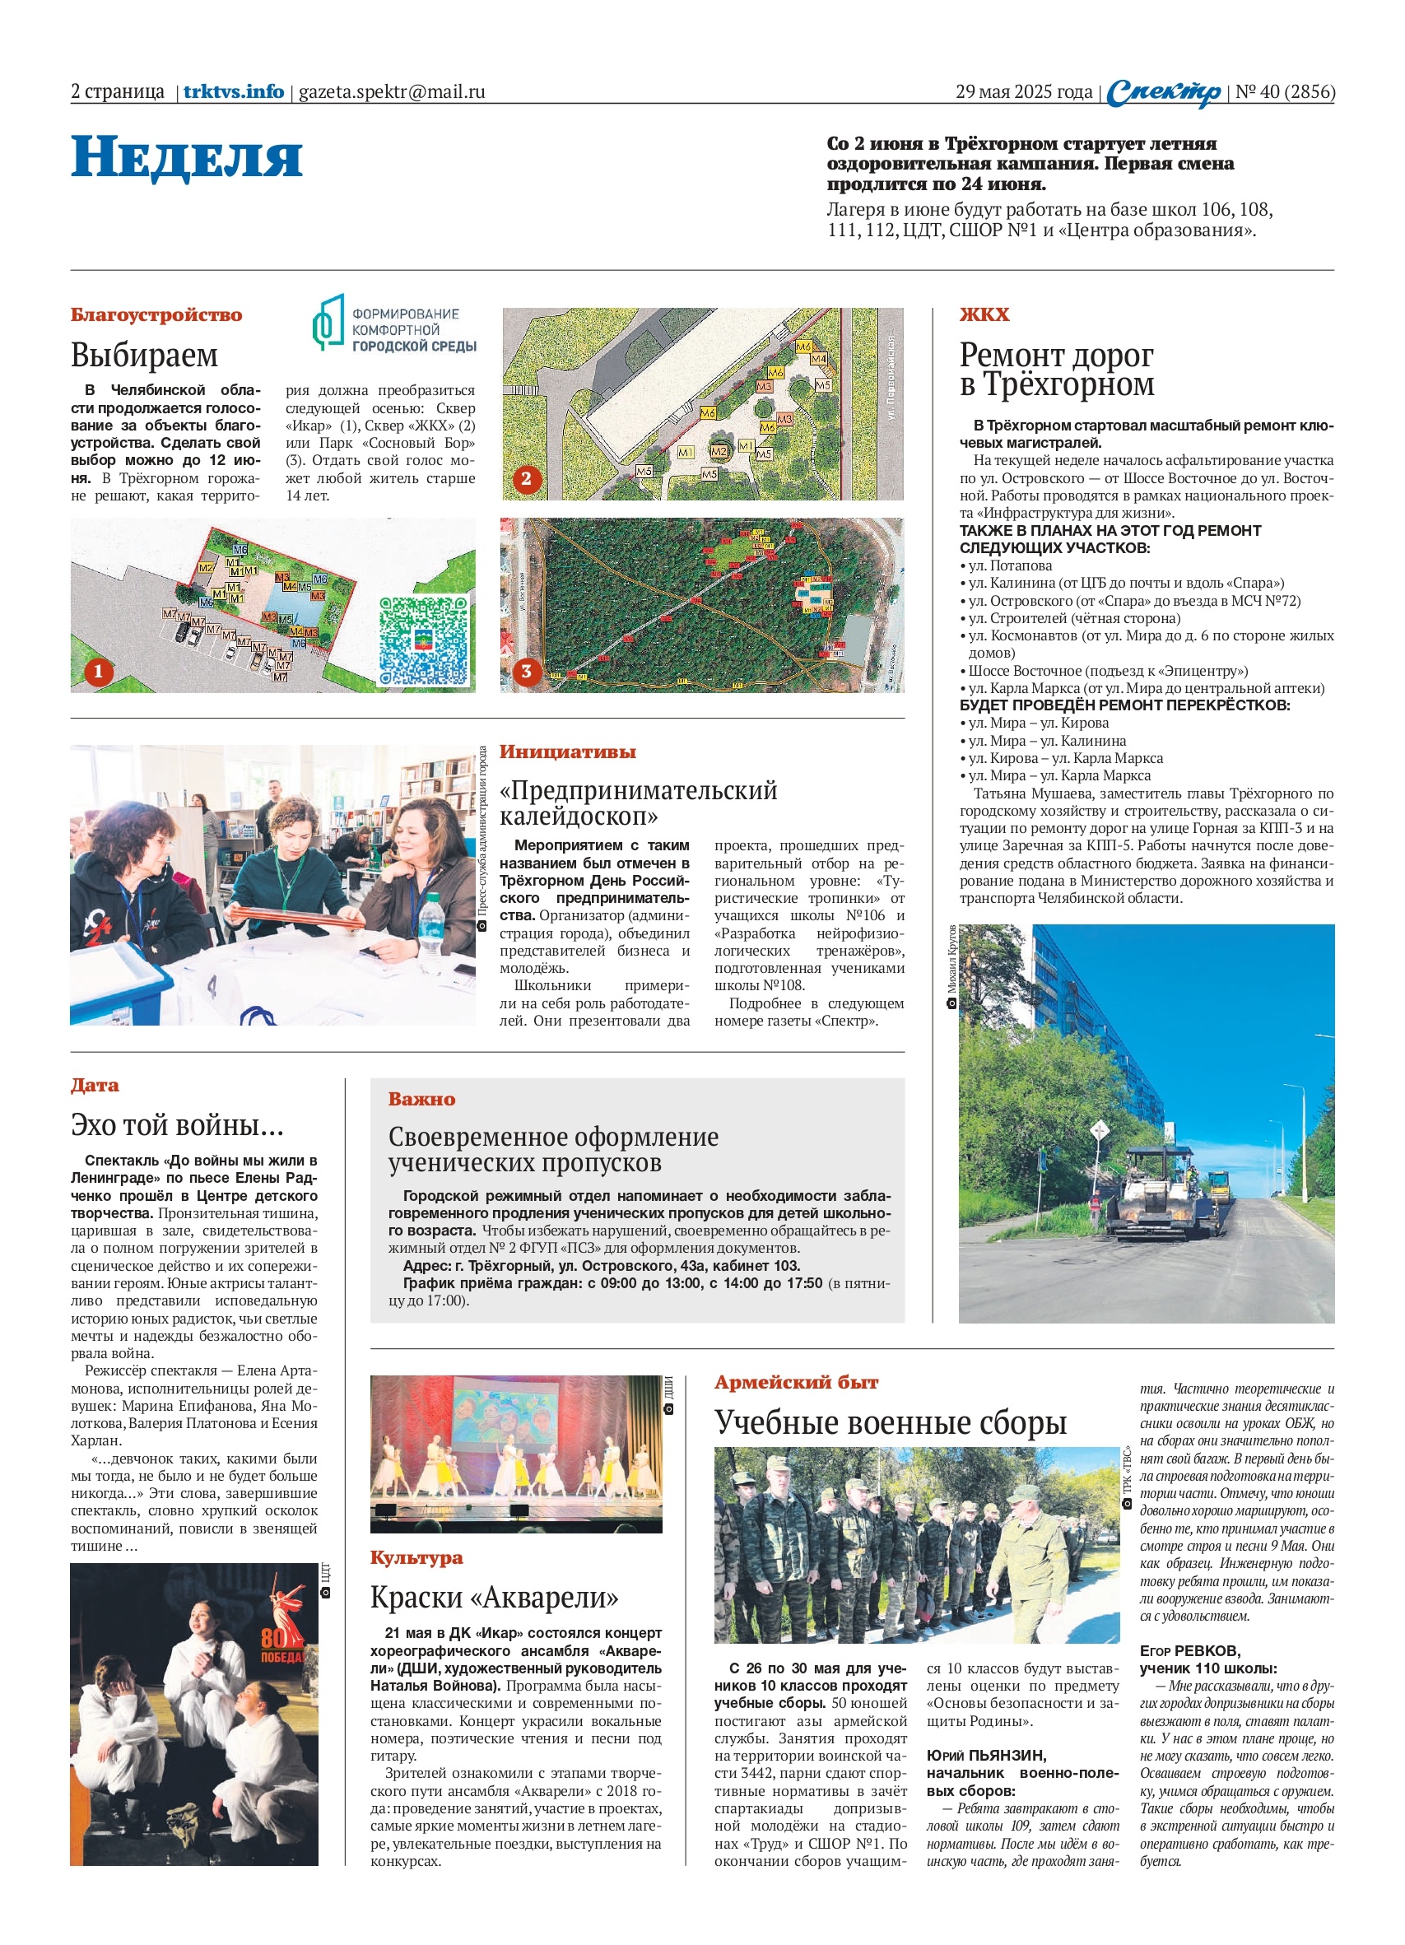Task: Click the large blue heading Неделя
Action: pos(186,157)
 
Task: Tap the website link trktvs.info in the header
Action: pos(233,91)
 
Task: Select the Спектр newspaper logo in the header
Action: pos(1163,93)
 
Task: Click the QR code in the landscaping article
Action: pos(425,640)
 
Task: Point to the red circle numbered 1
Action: pos(97,671)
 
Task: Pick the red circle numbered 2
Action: pos(526,478)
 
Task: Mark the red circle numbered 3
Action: pos(526,671)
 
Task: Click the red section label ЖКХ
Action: pos(984,314)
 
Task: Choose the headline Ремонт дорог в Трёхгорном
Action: pos(1056,369)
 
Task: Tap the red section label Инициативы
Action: pos(567,752)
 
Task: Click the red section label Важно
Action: pos(421,1100)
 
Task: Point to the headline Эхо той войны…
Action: pos(177,1124)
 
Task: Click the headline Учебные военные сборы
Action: pos(891,1422)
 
